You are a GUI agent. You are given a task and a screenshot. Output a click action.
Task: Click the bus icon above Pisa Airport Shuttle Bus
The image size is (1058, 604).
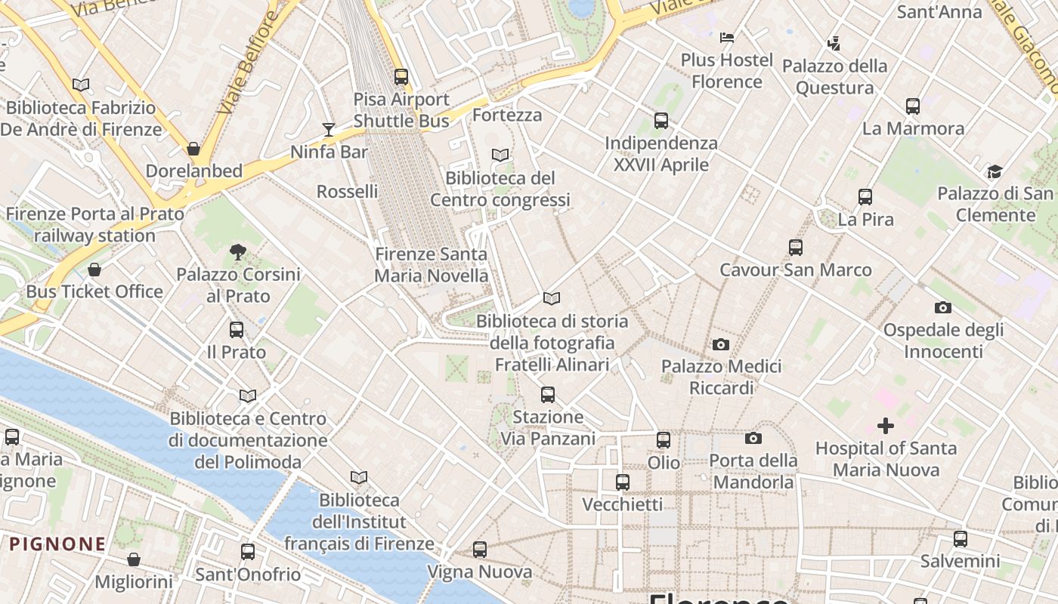coord(401,76)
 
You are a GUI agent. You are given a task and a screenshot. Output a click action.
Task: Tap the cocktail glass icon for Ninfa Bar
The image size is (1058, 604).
coord(329,130)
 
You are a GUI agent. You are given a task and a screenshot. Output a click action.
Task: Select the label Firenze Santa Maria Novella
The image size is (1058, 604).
coord(432,265)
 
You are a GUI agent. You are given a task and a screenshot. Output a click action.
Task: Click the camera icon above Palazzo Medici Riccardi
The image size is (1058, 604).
coord(721,344)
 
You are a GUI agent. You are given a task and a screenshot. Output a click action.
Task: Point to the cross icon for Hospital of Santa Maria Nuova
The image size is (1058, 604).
coord(886,426)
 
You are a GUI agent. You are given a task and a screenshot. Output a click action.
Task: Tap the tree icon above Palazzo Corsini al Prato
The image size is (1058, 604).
coord(238,252)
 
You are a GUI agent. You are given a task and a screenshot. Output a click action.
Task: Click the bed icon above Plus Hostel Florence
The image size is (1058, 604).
coord(727,37)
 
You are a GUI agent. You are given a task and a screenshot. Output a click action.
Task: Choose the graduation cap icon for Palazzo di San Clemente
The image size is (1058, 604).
coord(995,171)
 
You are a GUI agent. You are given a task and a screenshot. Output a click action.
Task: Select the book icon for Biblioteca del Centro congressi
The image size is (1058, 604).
coord(500,156)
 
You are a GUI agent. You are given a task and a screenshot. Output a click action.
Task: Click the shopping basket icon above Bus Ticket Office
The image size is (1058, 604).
coord(94,270)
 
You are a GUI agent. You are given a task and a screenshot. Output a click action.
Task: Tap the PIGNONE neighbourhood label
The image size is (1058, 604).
coord(57,544)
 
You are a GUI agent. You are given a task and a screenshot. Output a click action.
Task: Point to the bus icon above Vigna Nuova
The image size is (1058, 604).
coord(480,550)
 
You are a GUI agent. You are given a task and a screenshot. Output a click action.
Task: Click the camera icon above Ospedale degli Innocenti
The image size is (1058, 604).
coord(943,307)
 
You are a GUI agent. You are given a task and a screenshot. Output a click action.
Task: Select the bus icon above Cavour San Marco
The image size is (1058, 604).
coord(795,248)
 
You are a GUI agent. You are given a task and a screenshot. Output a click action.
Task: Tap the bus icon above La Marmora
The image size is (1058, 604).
coord(913,106)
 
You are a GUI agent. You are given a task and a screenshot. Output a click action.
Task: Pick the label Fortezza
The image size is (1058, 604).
coord(507,115)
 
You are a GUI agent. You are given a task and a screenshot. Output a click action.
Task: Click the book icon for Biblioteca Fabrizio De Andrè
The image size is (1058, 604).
coord(81,85)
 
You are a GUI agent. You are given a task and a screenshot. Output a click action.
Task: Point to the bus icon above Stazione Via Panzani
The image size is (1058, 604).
coord(548,394)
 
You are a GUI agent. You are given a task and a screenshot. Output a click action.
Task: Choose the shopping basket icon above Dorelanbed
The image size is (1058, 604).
coord(193,149)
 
